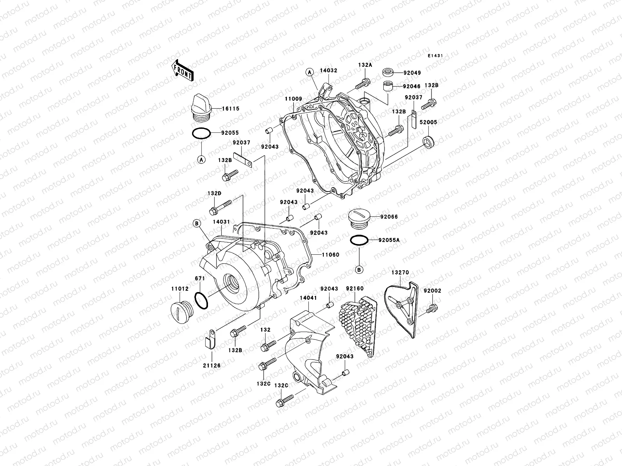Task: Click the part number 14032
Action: (x=328, y=71)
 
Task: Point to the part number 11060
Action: (x=330, y=255)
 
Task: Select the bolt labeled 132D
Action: (x=220, y=207)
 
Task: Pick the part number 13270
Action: (x=400, y=273)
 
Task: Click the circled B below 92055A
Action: (x=359, y=270)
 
